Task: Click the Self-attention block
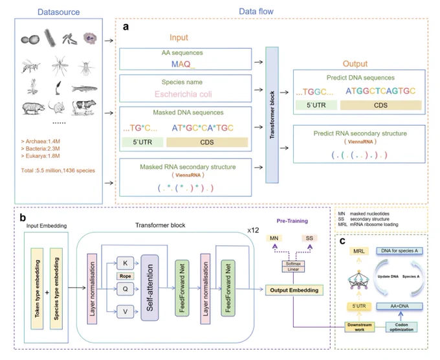point(149,287)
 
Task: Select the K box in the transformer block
point(125,263)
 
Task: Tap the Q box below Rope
point(125,289)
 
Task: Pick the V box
point(125,311)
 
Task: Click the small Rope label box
point(125,276)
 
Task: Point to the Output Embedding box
point(294,290)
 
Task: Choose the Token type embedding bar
point(37,288)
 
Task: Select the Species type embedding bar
point(56,288)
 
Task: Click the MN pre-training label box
point(274,238)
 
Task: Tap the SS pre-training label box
point(309,238)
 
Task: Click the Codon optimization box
point(401,327)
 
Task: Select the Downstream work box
point(360,327)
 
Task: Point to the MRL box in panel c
point(359,251)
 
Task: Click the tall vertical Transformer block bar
point(272,115)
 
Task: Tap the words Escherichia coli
point(183,94)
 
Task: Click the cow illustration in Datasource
point(83,107)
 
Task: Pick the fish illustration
point(85,89)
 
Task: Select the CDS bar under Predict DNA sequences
point(380,106)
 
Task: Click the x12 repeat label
point(253,231)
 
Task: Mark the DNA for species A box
point(399,251)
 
